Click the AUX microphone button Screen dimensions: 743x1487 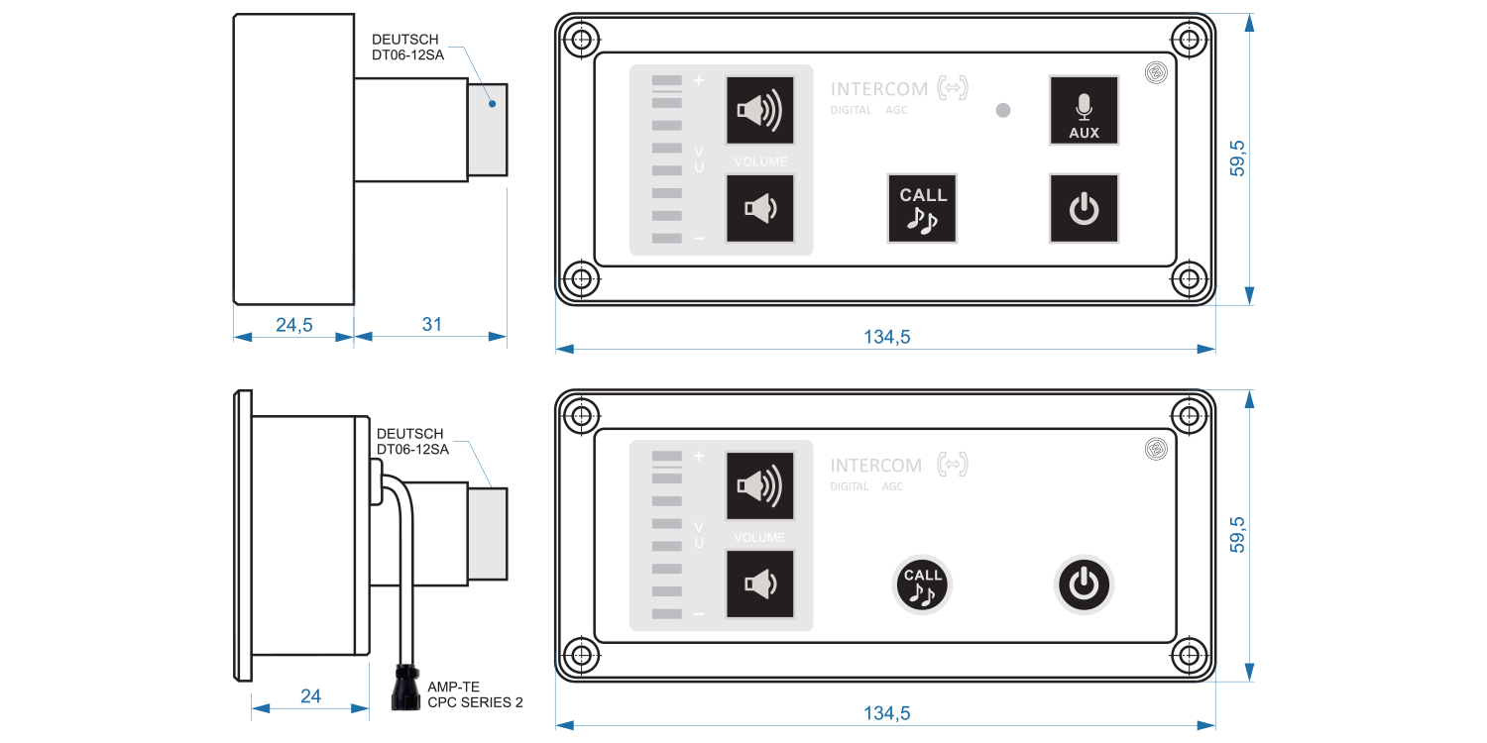click(x=1084, y=111)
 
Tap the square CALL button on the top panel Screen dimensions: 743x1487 click(x=922, y=208)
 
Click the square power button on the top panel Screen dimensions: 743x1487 click(x=1084, y=208)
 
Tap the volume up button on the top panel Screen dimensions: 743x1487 click(x=759, y=111)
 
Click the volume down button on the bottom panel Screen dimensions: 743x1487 click(x=759, y=584)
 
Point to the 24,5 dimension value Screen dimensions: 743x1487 click(x=294, y=324)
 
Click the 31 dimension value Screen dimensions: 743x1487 click(x=431, y=324)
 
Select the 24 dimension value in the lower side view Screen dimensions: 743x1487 click(x=310, y=696)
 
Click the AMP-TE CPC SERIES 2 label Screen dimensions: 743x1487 click(x=474, y=694)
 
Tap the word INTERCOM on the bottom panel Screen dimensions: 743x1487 click(x=875, y=466)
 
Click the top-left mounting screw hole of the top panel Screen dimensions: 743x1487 click(x=582, y=41)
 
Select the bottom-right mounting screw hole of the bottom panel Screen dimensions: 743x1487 click(x=1188, y=655)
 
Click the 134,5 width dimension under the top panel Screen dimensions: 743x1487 click(x=886, y=337)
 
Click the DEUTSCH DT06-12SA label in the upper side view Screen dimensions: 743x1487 click(x=407, y=48)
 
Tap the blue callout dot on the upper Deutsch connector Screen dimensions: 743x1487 click(x=491, y=102)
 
